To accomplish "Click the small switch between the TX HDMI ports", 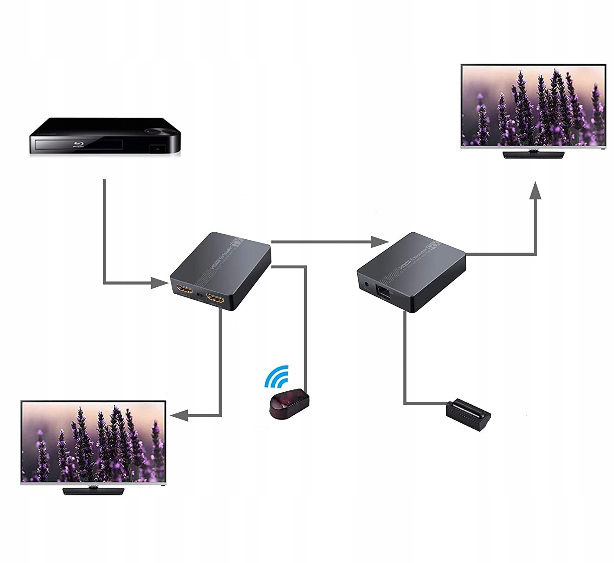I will tap(199, 295).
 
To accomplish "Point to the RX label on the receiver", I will tap(433, 245).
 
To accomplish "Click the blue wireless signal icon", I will tap(277, 376).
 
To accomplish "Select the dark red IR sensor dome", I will tap(289, 402).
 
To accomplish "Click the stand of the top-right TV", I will tap(533, 154).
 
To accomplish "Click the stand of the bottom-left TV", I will tap(93, 490).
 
